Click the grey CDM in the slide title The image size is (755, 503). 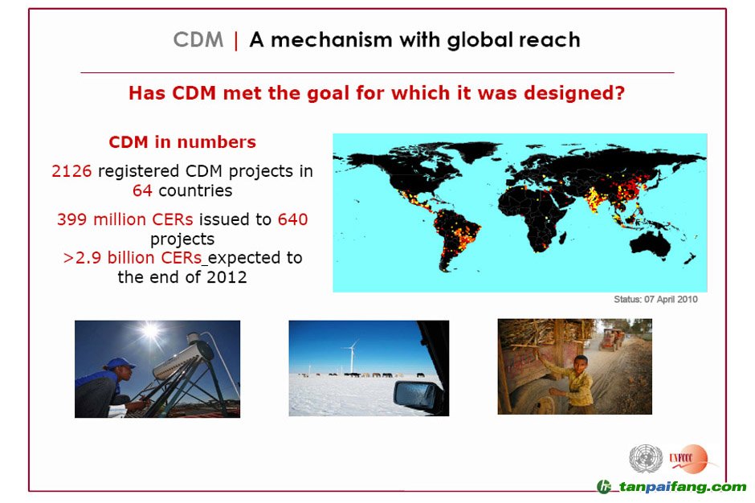[x=198, y=39]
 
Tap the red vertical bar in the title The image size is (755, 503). [x=236, y=40]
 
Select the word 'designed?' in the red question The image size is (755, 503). [x=574, y=93]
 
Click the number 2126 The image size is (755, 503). [x=71, y=171]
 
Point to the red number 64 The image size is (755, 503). [x=142, y=190]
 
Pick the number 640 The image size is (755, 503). [x=292, y=219]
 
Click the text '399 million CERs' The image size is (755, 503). [x=125, y=219]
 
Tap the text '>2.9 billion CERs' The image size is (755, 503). [x=133, y=258]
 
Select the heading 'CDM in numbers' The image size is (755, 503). [x=182, y=142]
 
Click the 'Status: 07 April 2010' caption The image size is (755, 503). [x=656, y=299]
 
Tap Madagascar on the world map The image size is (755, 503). [x=561, y=238]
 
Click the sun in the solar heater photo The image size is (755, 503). [x=151, y=331]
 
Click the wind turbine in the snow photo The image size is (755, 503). [x=352, y=356]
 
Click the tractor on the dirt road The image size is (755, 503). [x=611, y=338]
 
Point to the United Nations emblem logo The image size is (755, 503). [x=646, y=458]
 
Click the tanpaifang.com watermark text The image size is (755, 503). [x=682, y=487]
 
